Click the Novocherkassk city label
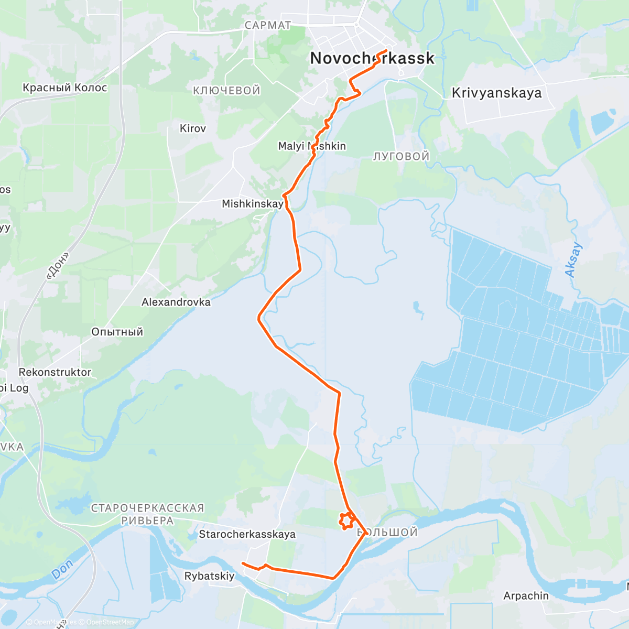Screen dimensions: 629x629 [x=372, y=58]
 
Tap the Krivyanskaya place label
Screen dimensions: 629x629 [x=496, y=93]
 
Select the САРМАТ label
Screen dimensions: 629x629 [x=267, y=25]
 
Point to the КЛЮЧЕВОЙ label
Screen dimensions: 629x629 [x=226, y=91]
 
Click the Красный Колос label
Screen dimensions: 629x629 [x=64, y=88]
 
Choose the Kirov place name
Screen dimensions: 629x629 [x=193, y=128]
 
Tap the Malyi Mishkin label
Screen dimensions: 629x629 [x=312, y=146]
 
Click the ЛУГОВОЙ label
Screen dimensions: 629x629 [x=401, y=156]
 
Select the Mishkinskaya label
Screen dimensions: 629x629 [x=253, y=203]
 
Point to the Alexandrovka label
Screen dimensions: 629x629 [x=176, y=302]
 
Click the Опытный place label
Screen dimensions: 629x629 [x=117, y=332]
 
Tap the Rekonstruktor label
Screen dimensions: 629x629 [x=55, y=372]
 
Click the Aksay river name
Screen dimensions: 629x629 [x=573, y=260]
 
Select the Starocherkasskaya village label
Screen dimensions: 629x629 [x=247, y=534]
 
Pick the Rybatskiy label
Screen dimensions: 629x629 [x=209, y=576]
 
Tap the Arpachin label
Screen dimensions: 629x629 [x=526, y=595]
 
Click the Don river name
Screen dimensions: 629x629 [x=62, y=569]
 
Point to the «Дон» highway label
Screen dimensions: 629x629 [x=58, y=266]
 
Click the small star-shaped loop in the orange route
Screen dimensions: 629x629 [x=345, y=520]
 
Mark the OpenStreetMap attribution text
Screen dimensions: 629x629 [x=110, y=622]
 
